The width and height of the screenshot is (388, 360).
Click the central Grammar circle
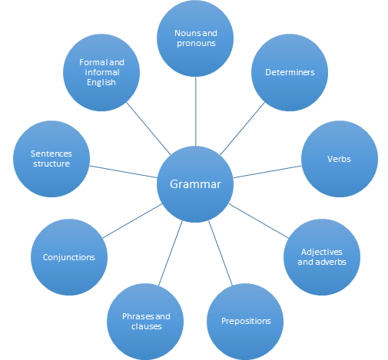point(195,184)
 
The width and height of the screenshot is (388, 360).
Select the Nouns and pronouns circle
point(195,38)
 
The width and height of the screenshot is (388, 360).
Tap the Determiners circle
point(290,72)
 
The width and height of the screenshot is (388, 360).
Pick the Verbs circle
point(340,159)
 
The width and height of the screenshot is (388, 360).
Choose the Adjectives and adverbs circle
point(322,257)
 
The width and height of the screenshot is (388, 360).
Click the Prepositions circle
point(245,322)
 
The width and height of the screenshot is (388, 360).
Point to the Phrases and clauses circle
point(145,322)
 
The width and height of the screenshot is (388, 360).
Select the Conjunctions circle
point(69,257)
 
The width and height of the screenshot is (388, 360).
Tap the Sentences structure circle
point(51,159)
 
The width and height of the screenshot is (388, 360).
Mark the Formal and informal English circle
point(101,72)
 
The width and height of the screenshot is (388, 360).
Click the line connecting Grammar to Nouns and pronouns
point(196,111)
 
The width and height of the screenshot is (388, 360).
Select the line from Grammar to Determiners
point(242,128)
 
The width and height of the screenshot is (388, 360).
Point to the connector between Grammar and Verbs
point(267,172)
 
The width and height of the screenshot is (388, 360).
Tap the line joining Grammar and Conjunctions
point(132,221)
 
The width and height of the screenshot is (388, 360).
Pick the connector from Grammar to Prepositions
point(221,253)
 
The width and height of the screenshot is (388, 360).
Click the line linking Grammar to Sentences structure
point(124,172)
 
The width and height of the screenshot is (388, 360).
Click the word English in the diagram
point(101,83)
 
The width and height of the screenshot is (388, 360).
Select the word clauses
point(147,326)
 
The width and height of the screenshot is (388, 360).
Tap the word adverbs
point(330,262)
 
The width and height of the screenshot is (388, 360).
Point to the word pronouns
point(196,44)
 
